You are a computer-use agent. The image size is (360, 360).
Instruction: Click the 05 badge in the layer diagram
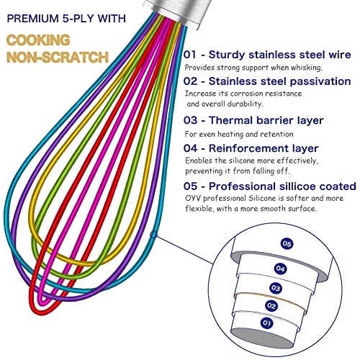(287, 244)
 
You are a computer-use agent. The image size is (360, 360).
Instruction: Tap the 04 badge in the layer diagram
(280, 268)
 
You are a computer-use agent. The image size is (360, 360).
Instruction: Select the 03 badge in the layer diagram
(276, 288)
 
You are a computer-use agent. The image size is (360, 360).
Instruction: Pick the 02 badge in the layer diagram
(271, 305)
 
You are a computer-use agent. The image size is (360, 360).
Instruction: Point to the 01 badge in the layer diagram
(266, 323)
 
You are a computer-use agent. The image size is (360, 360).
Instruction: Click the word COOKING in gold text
(38, 40)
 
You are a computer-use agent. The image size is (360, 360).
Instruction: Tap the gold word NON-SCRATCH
(58, 57)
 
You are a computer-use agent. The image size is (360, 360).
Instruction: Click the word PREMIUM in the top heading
(33, 19)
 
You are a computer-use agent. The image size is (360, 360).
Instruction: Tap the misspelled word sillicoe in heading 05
(297, 186)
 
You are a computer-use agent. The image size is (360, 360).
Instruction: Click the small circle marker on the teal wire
(153, 235)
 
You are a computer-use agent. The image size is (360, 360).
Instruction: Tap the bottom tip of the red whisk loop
(38, 314)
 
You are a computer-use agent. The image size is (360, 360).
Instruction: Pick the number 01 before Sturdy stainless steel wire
(190, 55)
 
